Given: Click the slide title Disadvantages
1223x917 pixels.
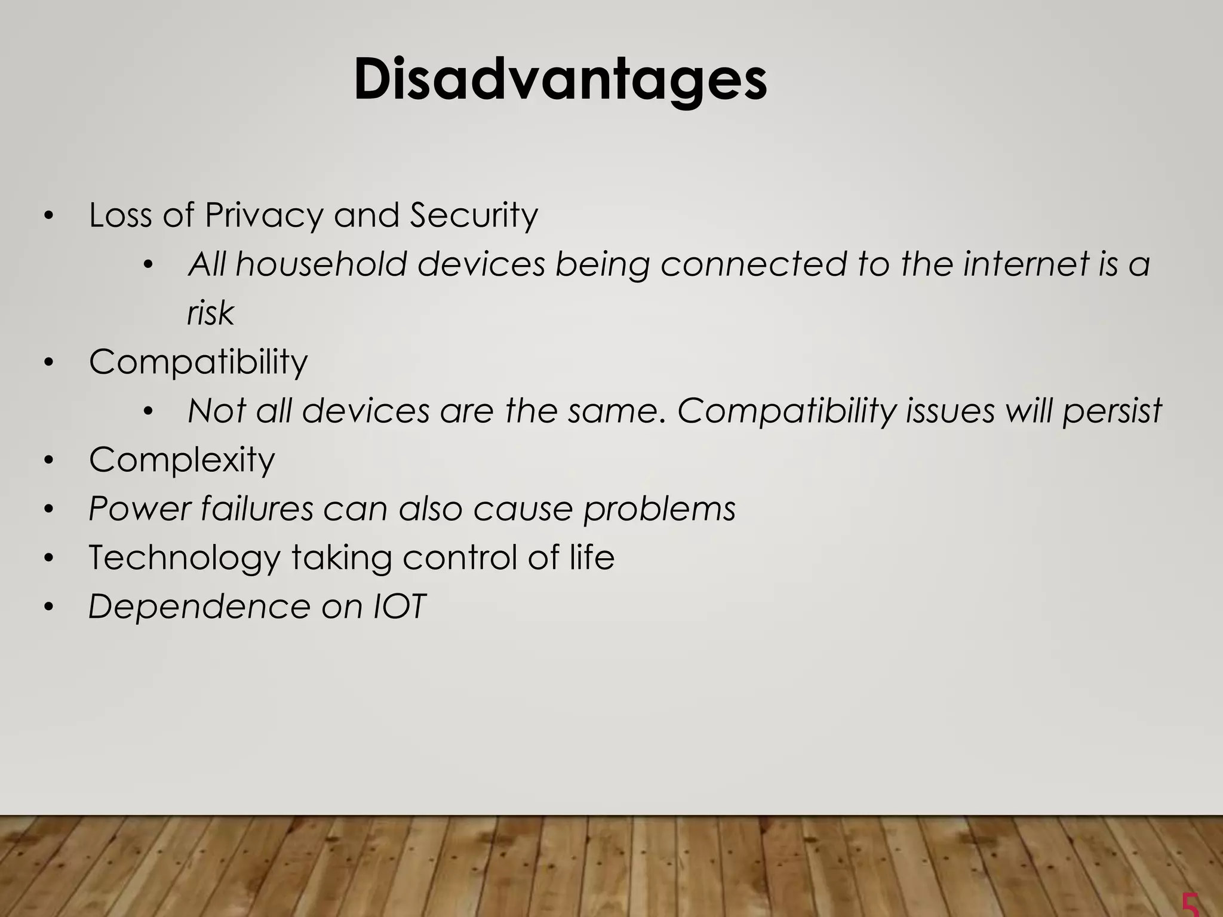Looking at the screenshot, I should (560, 81).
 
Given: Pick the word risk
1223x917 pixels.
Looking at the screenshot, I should (210, 313).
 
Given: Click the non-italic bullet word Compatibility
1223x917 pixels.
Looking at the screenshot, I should (198, 362).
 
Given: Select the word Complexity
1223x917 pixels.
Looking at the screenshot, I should (182, 460).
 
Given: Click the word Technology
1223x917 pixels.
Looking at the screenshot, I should (184, 558).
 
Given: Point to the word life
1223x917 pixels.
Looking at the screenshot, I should (592, 558).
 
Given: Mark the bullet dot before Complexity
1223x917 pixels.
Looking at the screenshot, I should (49, 460).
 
